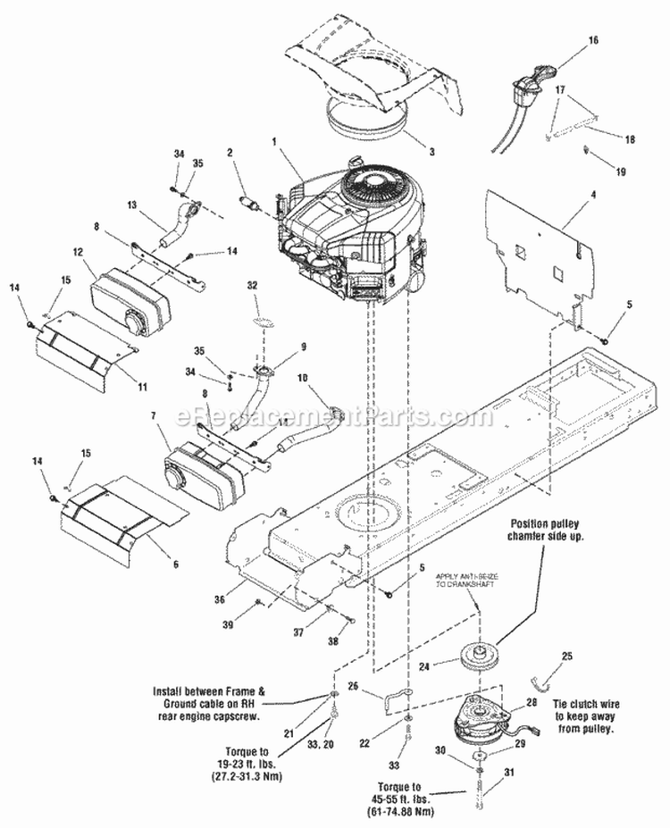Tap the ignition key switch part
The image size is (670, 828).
(523, 88)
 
